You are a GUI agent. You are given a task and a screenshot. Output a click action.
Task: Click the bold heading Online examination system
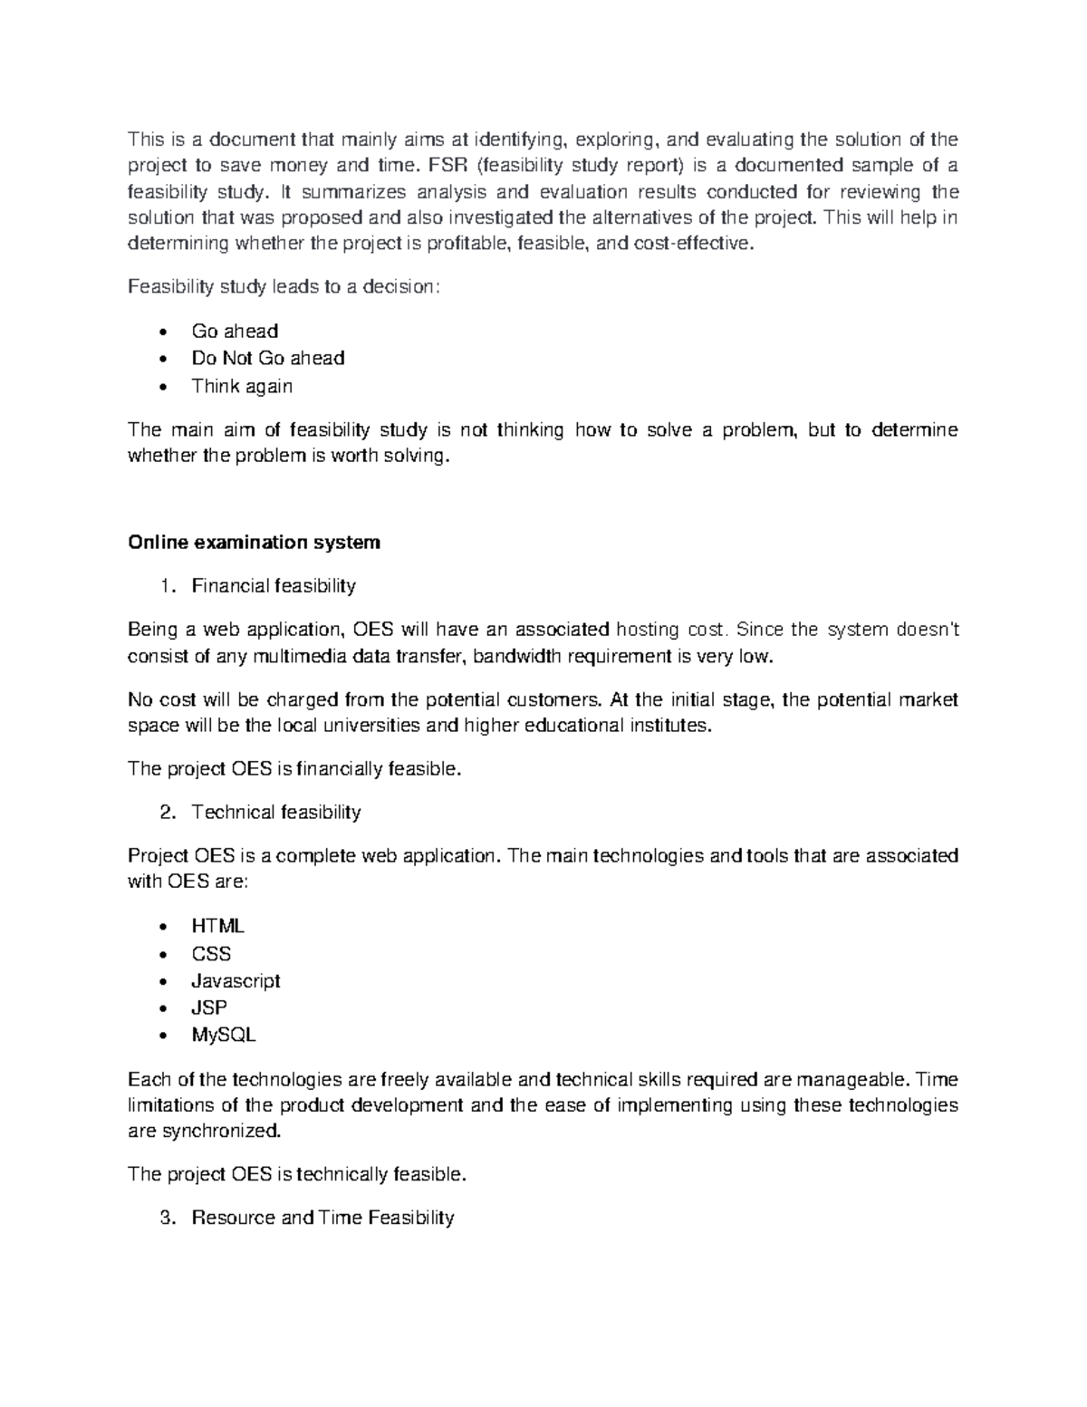click(254, 543)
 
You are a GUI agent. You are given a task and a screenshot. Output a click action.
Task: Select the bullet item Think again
click(241, 386)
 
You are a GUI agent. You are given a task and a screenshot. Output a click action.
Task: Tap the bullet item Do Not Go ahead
click(267, 359)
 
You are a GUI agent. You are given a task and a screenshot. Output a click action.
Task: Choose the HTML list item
click(217, 926)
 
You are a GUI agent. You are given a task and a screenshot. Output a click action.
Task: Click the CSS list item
click(211, 954)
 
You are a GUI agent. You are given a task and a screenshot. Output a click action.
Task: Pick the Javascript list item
click(236, 981)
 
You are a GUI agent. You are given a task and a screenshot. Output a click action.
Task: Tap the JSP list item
click(209, 1007)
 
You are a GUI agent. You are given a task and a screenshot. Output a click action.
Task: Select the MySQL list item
click(223, 1035)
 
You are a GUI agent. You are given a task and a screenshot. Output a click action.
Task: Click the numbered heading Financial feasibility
click(274, 586)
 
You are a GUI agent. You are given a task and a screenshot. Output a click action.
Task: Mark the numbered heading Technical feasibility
click(276, 813)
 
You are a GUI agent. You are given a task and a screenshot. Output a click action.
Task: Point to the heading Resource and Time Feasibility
click(322, 1218)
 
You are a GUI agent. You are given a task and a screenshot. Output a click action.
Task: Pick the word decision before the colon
click(399, 288)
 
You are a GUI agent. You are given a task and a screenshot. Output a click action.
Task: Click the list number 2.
click(167, 813)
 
